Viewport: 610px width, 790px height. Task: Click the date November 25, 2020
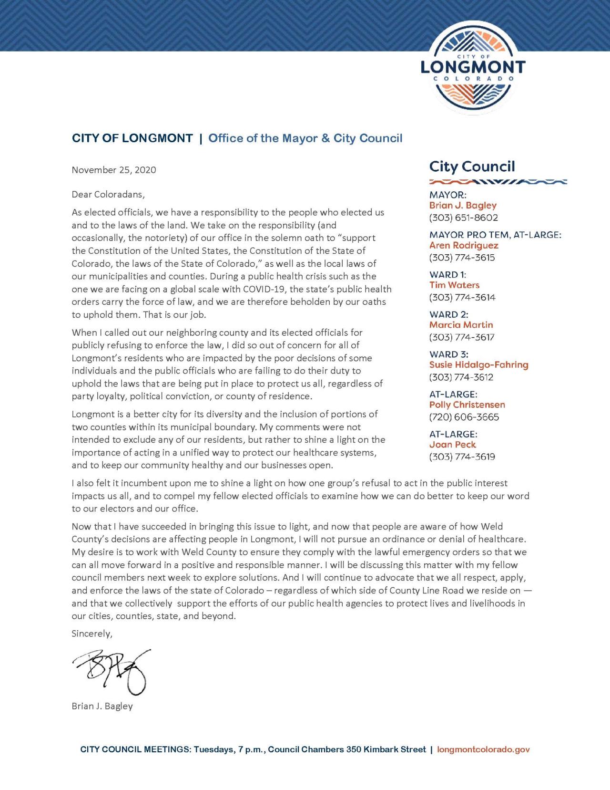tap(114, 170)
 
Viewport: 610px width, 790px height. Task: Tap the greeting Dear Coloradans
tap(108, 195)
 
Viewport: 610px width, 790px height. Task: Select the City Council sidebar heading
tap(472, 166)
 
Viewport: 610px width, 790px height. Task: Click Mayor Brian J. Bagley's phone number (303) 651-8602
tap(463, 218)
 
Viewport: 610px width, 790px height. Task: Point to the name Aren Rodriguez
tap(464, 246)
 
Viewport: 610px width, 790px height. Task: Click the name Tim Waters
tap(454, 285)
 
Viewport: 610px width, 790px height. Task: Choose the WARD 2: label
tap(448, 314)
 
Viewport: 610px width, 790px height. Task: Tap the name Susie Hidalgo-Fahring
tap(478, 365)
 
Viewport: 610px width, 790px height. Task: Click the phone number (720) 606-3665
tap(464, 417)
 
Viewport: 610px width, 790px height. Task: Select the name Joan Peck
tap(452, 445)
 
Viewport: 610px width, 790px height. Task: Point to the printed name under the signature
tap(102, 706)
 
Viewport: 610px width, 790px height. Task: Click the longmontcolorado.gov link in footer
tap(483, 749)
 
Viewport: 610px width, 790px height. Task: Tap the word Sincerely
tap(92, 634)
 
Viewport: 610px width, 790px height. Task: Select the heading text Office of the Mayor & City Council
tap(305, 138)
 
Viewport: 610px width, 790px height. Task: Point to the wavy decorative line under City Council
tap(498, 181)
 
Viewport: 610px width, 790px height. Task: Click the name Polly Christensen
tap(467, 405)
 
